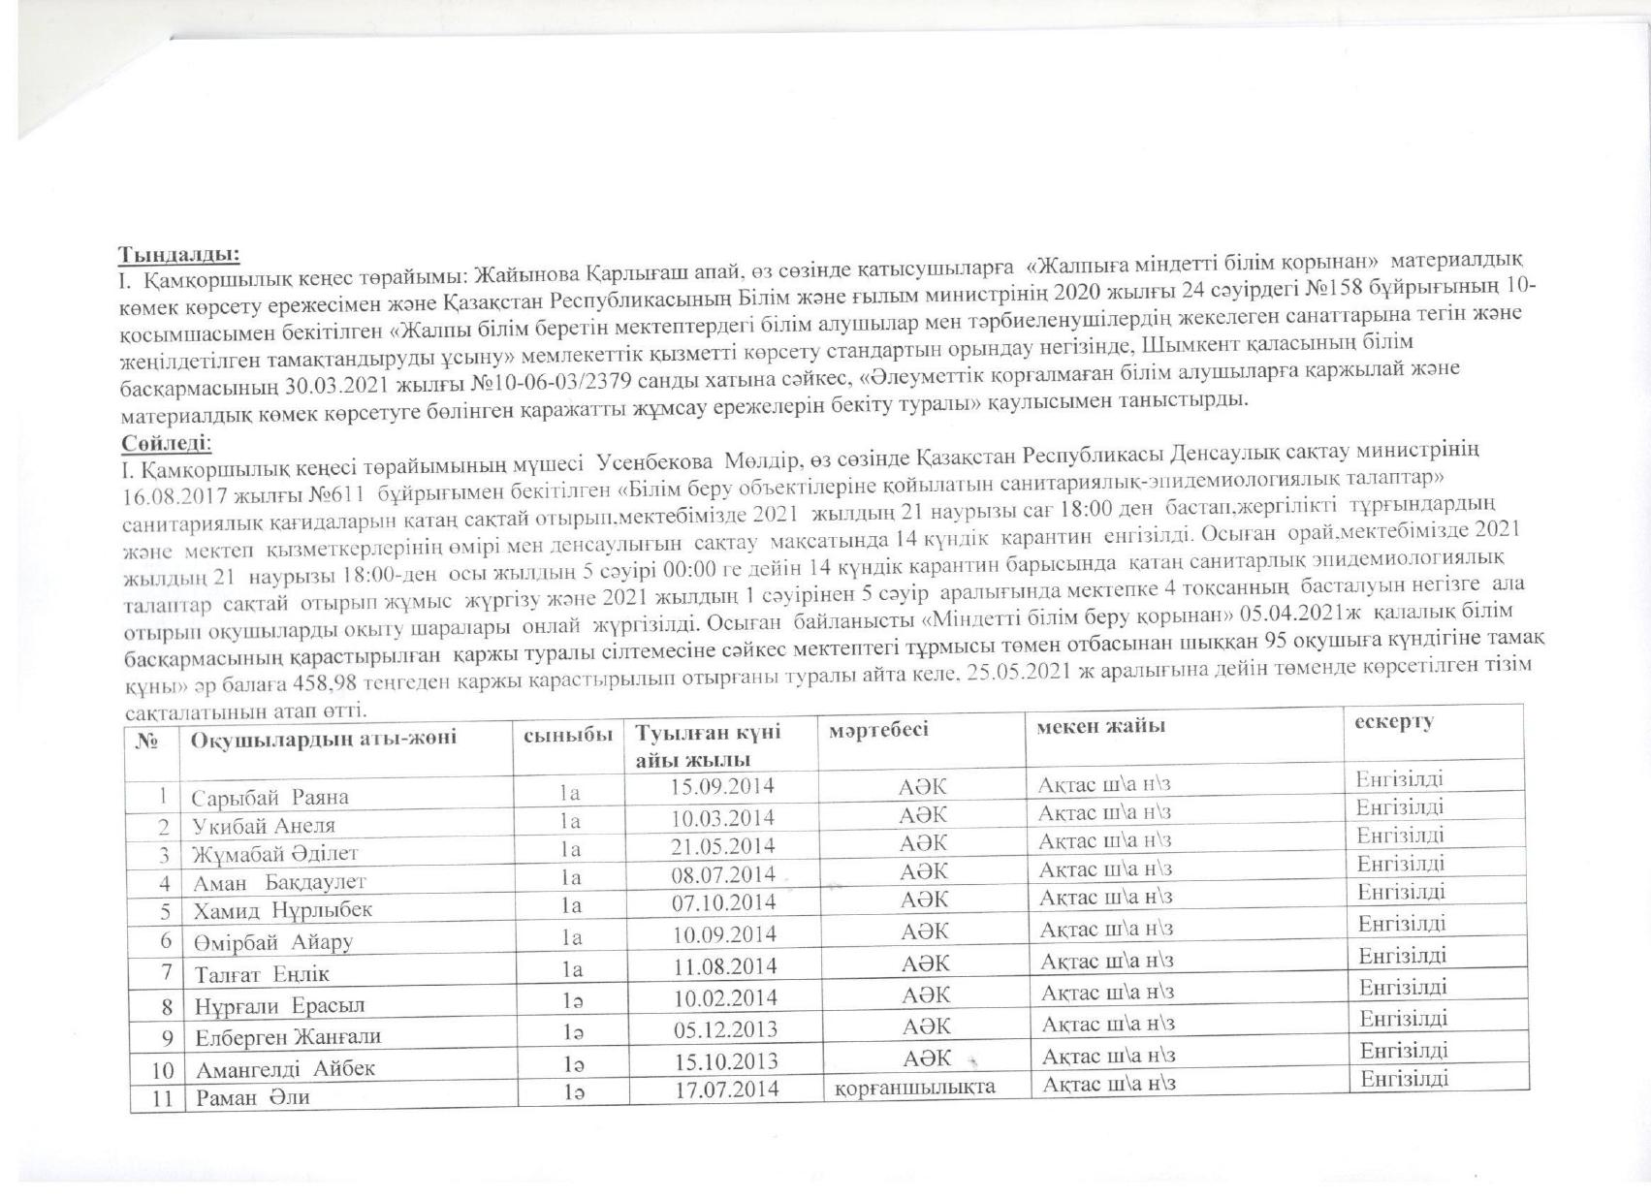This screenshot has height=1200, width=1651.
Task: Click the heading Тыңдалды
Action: tap(179, 255)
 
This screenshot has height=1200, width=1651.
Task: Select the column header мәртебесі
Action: tap(878, 729)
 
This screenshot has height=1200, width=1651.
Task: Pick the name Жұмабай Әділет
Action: tap(275, 854)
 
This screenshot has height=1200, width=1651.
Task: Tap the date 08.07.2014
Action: tap(724, 874)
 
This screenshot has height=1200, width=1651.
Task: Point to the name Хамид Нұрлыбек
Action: tap(283, 910)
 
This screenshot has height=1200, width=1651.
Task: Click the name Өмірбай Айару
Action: tap(272, 941)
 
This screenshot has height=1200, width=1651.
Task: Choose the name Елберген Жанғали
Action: tap(289, 1036)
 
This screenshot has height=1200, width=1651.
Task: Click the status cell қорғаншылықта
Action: tap(915, 1087)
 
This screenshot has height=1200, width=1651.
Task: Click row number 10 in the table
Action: tap(163, 1071)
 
